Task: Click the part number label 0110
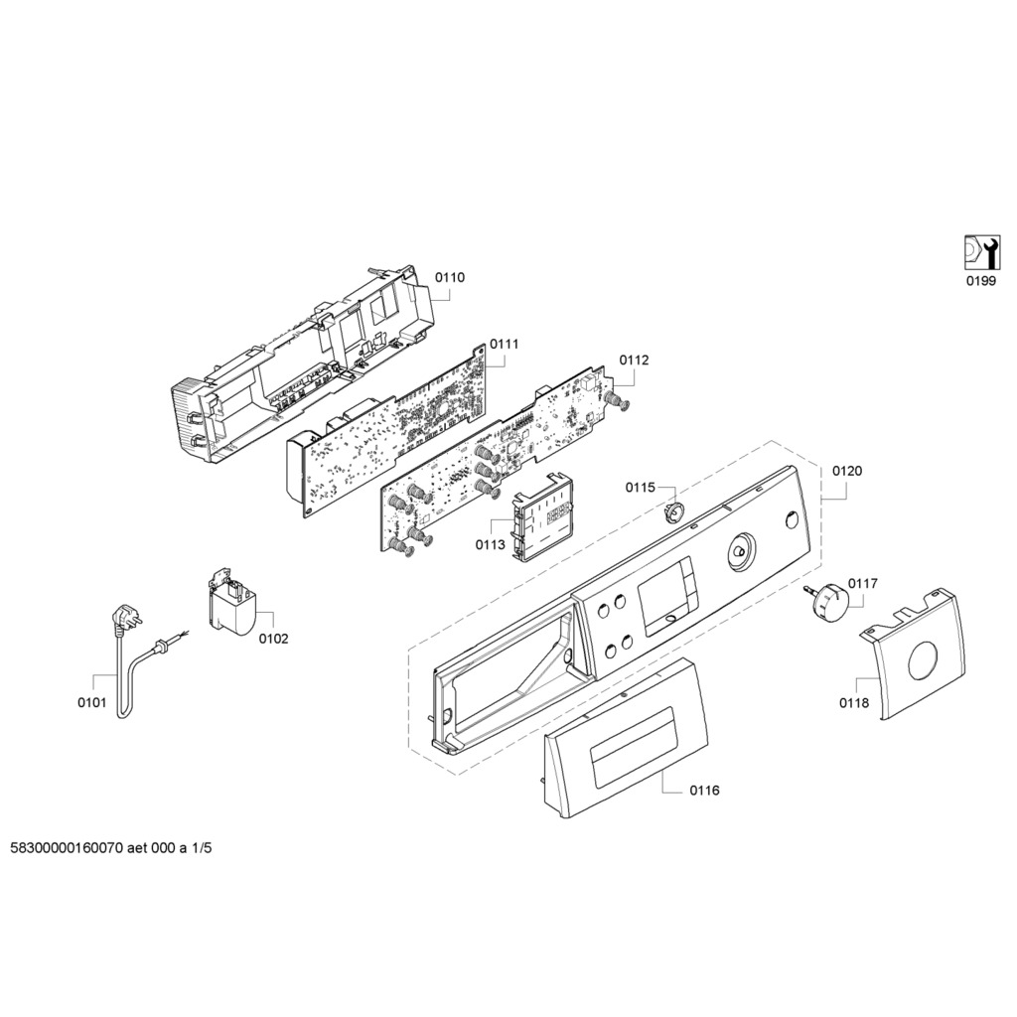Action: tap(450, 278)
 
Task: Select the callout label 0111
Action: tap(505, 344)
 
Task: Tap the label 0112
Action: tap(634, 361)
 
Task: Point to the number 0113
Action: tap(490, 544)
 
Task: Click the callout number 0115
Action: tap(640, 487)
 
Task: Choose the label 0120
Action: tap(847, 470)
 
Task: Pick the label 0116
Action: tap(704, 791)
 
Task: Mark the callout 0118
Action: tap(853, 703)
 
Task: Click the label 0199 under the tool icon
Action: tap(981, 281)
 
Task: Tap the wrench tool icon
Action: tap(981, 252)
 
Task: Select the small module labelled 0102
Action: tap(232, 603)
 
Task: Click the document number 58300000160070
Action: tap(66, 849)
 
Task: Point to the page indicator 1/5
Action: tap(203, 849)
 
